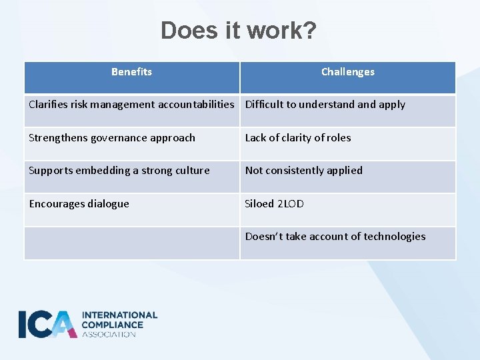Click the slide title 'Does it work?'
(x=239, y=31)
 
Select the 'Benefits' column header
(x=131, y=72)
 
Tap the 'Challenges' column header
(x=347, y=72)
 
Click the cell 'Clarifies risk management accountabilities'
(x=131, y=105)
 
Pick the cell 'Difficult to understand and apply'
(x=325, y=105)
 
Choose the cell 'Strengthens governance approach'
(x=112, y=138)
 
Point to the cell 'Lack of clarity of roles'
(x=298, y=138)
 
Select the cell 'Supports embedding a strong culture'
(x=119, y=171)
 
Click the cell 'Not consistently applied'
(x=304, y=171)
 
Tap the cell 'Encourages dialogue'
(x=79, y=204)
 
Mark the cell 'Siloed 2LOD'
(x=275, y=204)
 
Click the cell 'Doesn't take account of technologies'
(x=335, y=237)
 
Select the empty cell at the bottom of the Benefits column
(x=132, y=243)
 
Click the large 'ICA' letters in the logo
(x=47, y=324)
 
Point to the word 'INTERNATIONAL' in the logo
(x=119, y=315)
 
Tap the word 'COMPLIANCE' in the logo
(x=112, y=325)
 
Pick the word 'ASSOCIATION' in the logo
(x=109, y=334)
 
